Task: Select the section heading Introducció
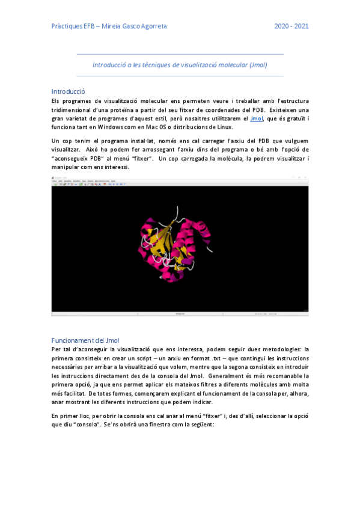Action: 68,91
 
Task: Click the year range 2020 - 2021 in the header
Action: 291,26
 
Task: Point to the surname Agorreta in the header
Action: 150,26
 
